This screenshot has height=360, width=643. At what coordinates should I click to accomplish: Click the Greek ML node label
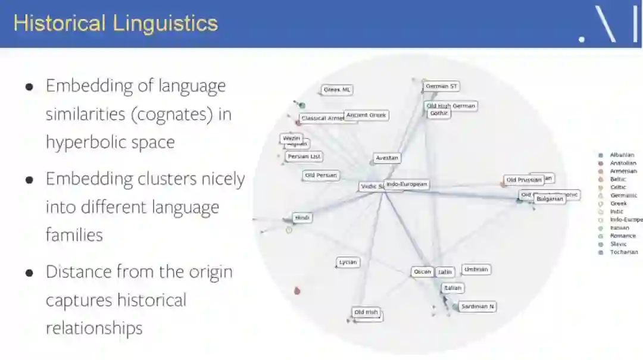337,90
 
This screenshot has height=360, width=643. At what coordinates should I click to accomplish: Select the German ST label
441,86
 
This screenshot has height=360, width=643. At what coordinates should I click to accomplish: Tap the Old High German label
451,106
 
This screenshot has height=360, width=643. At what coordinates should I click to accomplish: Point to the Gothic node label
439,113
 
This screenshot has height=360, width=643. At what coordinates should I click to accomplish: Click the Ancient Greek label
366,115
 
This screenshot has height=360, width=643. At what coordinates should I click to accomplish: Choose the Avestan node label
386,158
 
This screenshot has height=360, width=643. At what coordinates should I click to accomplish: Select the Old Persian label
321,176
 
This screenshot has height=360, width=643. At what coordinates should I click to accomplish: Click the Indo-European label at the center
407,184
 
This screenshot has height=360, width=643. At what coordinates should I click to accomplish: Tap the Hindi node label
302,218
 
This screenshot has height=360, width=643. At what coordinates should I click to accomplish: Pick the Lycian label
348,262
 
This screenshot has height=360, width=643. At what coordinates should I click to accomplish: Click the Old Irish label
366,312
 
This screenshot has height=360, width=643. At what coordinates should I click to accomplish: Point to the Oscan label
422,272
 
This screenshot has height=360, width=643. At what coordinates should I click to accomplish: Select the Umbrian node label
476,270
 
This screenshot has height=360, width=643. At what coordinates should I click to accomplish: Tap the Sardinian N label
477,306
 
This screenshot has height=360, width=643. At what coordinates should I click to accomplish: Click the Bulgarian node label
550,199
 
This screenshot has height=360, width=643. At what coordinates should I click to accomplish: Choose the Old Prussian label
524,180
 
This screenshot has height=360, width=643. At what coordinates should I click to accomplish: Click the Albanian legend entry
622,155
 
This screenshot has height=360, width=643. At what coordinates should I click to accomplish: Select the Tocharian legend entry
623,252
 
